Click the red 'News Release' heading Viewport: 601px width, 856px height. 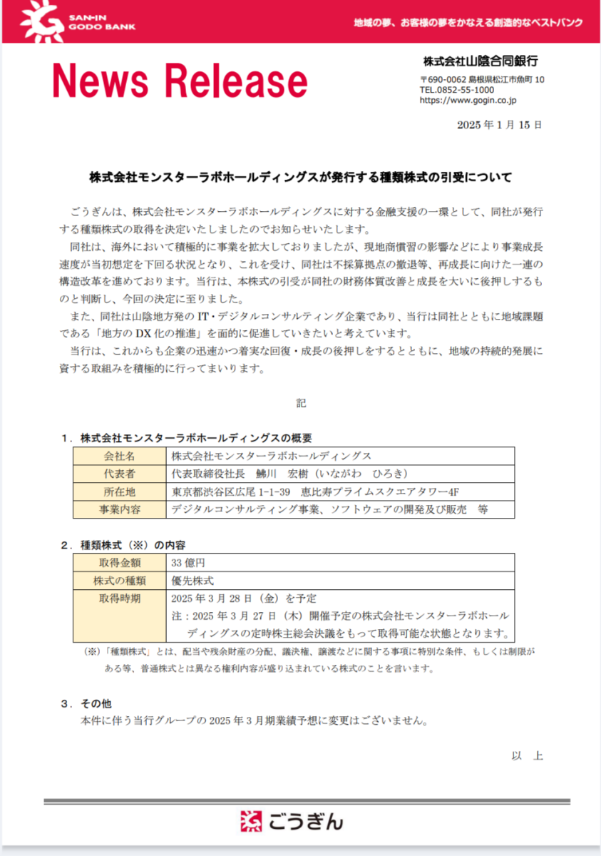[180, 81]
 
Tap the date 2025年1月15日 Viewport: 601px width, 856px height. [499, 125]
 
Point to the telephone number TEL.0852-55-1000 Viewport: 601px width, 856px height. [456, 90]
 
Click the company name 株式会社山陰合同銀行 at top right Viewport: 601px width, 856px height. [480, 61]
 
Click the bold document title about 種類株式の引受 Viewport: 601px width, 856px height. [300, 176]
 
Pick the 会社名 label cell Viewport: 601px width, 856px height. [119, 456]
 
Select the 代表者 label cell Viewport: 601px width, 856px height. [119, 474]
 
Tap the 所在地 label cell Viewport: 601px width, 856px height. [119, 491]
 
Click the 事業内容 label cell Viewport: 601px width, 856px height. [119, 509]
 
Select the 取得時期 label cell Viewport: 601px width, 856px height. [119, 598]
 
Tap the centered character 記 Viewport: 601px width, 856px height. [301, 403]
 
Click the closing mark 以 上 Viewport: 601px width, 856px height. [527, 755]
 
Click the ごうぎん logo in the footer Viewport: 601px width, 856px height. [292, 822]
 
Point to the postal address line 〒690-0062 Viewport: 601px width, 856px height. [482, 79]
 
